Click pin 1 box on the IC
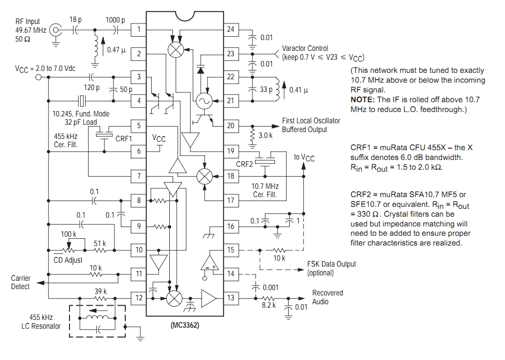pyautogui.click(x=139, y=30)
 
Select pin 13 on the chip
pyautogui.click(x=230, y=298)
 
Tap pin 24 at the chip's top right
pyautogui.click(x=230, y=30)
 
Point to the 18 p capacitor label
pyautogui.click(x=76, y=19)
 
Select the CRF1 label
pyautogui.click(x=124, y=138)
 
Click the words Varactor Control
pyautogui.click(x=305, y=49)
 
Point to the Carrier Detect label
pyautogui.click(x=21, y=282)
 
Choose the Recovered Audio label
pyautogui.click(x=328, y=297)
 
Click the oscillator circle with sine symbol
pyautogui.click(x=203, y=101)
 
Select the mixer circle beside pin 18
pyautogui.click(x=204, y=176)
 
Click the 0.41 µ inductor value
pyautogui.click(x=300, y=90)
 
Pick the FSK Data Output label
pyautogui.click(x=331, y=264)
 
